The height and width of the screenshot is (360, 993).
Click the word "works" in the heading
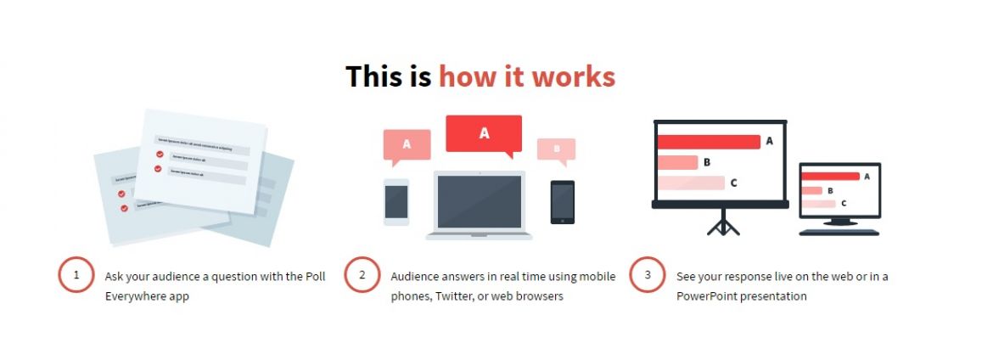point(574,76)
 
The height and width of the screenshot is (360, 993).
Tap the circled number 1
point(76,275)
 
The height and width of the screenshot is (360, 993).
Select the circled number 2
point(362,275)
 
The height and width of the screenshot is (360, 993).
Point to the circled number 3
point(648,275)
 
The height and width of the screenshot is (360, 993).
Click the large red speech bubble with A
point(484,133)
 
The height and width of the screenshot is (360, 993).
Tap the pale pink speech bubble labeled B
point(556,149)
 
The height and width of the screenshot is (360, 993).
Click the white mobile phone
point(396,202)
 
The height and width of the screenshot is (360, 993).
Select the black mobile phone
point(562,202)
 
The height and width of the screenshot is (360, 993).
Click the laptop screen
point(480,201)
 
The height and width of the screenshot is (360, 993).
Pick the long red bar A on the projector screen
point(709,142)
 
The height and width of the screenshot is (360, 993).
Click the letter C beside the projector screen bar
point(733,183)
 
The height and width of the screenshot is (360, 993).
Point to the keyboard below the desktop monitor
point(839,232)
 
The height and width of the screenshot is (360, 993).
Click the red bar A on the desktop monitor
point(831,177)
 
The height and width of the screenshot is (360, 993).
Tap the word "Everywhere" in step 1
point(134,296)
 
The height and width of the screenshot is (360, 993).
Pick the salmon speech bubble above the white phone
point(407,143)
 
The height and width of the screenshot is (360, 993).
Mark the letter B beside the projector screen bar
point(707,162)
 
